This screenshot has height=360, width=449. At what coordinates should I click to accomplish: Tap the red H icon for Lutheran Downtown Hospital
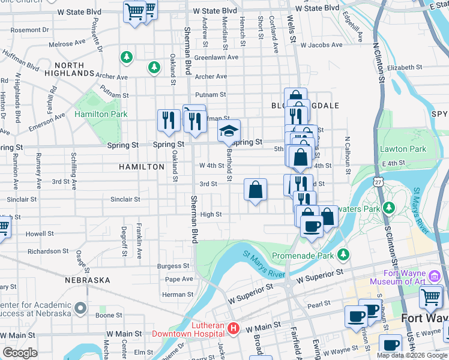point(234,329)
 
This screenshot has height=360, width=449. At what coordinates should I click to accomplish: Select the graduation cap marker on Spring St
point(229,131)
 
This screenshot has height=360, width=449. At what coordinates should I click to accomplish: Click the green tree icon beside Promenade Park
point(343,254)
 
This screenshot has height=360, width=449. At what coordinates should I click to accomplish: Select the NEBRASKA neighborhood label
point(88,280)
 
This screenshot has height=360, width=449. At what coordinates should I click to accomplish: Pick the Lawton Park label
point(403,149)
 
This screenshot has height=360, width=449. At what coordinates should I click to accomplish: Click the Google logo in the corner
point(20,353)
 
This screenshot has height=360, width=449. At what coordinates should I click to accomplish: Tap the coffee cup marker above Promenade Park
point(312,226)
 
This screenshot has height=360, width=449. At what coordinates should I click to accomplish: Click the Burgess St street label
point(173,266)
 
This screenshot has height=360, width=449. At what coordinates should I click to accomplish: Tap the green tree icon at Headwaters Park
point(389,208)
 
